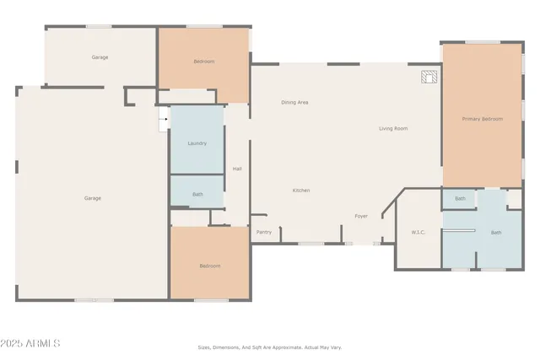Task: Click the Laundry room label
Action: pos(197,143)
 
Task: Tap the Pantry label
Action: pos(264,232)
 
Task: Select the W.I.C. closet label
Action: pos(417,232)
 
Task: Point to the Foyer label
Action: pos(361,217)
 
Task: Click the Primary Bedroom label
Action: pos(482,119)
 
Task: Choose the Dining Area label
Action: pos(294,102)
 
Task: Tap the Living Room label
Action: pos(393,128)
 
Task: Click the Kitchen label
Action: pos(301,191)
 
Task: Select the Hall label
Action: pos(237,169)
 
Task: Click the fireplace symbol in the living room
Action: pos(430,78)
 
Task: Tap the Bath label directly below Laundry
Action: pos(197,195)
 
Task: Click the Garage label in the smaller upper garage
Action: pos(100,57)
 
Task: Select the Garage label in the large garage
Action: pos(92,198)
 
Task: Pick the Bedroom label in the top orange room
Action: pos(203,62)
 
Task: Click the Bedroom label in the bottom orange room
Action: pos(209,266)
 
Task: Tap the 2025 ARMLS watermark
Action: pos(33,344)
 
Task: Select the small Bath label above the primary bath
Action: pos(460,199)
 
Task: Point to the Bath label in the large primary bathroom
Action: pos(496,233)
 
